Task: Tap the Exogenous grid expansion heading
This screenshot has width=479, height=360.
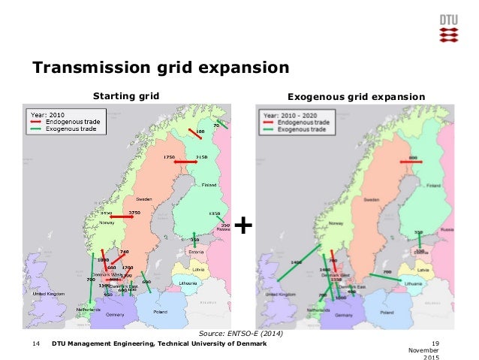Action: pyautogui.click(x=357, y=96)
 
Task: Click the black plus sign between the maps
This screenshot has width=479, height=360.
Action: pyautogui.click(x=243, y=224)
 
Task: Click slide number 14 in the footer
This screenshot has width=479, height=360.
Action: pyautogui.click(x=35, y=343)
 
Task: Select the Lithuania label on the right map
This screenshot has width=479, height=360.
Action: pyautogui.click(x=411, y=283)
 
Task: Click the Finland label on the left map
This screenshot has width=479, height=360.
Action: pyautogui.click(x=209, y=185)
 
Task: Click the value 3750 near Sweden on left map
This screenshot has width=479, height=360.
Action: pyautogui.click(x=135, y=213)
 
